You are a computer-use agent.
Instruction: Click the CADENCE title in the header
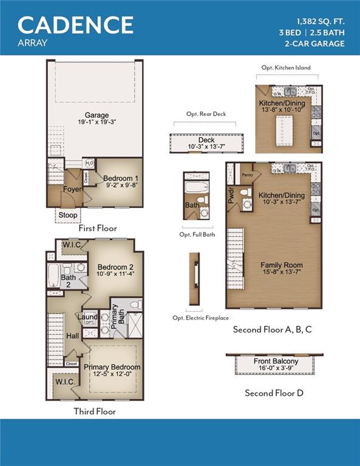(76, 25)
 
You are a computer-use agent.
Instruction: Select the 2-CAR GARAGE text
(314, 43)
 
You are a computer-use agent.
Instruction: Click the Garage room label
(97, 115)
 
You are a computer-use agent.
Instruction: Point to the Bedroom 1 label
(120, 178)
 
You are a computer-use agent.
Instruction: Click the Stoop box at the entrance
(67, 215)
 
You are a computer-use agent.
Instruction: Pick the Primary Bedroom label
(112, 367)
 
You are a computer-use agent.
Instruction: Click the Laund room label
(88, 316)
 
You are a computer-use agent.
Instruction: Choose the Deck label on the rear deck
(206, 140)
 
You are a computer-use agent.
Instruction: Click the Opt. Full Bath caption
(197, 234)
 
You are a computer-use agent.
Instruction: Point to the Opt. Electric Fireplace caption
(201, 318)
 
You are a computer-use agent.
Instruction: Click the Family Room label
(281, 265)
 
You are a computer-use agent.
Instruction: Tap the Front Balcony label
(275, 362)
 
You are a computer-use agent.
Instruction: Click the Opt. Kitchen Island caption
(285, 68)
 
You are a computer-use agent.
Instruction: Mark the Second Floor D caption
(274, 393)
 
